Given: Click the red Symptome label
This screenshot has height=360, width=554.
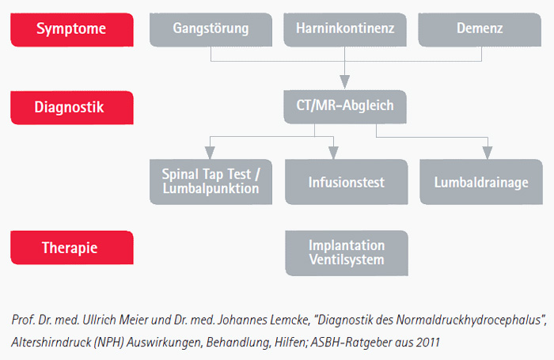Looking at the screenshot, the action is coord(72,30).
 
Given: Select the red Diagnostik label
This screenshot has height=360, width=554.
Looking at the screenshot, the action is coord(72,108).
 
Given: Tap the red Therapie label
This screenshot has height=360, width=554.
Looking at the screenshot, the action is coord(72,248).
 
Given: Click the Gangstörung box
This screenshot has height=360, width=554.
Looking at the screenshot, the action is coord(211,30).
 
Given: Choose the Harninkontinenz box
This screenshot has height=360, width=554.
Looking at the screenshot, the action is coord(345,30).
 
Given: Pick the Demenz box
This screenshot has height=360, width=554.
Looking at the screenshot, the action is coord(480,30).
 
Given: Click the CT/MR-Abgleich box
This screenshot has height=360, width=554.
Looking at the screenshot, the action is coord(345,107).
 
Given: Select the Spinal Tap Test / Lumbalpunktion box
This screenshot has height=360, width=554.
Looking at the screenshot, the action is coord(211,182).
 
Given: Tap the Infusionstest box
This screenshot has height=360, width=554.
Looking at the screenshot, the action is coord(347,182).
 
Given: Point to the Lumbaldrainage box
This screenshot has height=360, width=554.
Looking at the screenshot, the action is coord(481,182).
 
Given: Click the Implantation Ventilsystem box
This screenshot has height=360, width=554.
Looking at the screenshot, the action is coord(347,253).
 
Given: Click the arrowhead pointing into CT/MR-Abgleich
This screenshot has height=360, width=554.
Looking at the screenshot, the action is coord(345,82).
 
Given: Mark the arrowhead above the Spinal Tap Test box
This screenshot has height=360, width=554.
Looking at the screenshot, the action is coord(210,153).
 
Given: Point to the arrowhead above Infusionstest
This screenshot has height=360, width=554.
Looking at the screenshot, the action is coord(333,153).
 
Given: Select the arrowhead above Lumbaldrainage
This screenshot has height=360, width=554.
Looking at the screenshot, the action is coord(488,153).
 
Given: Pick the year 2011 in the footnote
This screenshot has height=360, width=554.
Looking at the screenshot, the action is coord(428,342).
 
